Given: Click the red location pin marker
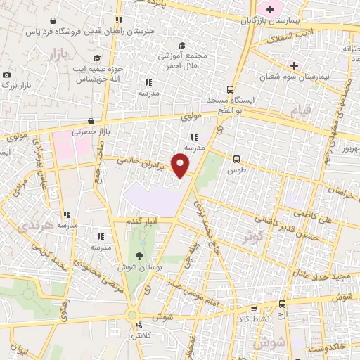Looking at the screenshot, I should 181,166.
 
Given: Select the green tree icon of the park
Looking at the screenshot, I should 139,256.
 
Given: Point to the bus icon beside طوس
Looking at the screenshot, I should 236,159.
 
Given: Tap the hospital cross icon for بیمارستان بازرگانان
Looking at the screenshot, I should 269,9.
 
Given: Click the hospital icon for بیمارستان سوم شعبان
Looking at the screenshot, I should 294,66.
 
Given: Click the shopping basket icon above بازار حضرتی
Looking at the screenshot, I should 94,121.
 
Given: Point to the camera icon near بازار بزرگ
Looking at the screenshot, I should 6,75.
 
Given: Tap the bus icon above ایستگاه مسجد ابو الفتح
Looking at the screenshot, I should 230,89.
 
